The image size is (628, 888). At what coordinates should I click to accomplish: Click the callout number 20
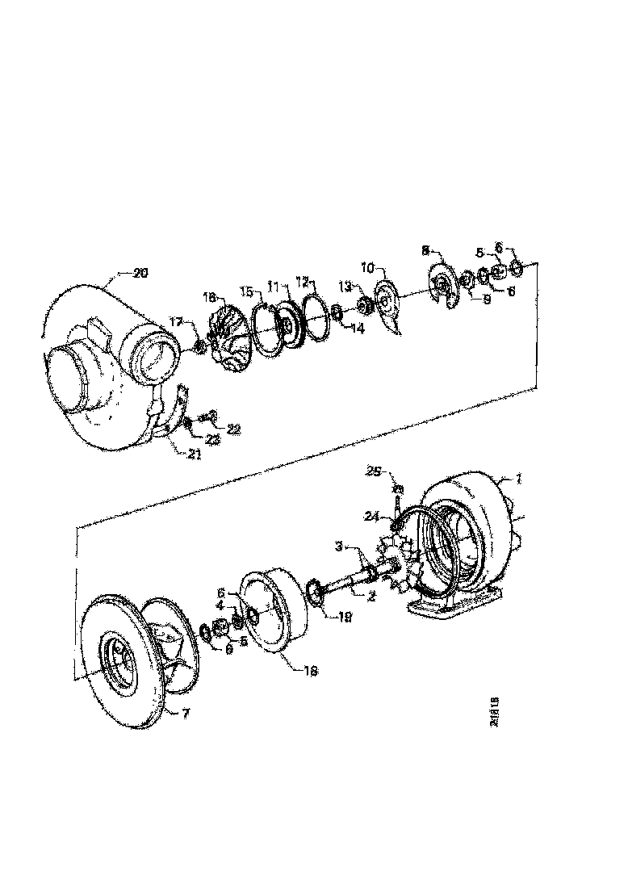[x=140, y=273]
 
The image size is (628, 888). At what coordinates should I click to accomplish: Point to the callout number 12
[x=304, y=282]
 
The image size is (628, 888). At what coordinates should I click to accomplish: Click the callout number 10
[x=368, y=266]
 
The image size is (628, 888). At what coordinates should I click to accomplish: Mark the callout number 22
[x=233, y=430]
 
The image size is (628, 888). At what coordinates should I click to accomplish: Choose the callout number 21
[x=194, y=454]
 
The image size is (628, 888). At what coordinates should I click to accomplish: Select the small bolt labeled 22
[x=207, y=416]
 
